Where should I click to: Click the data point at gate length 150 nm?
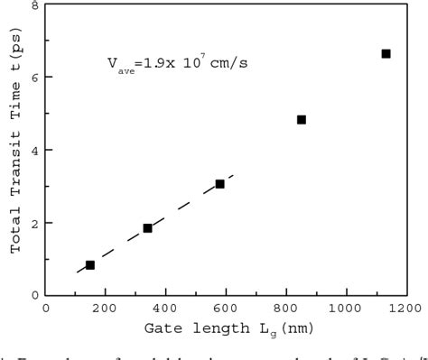[90, 265]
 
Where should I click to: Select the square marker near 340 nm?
[147, 228]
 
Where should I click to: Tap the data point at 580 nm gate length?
[219, 184]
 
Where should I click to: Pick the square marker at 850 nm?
[302, 120]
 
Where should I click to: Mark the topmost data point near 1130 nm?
[386, 54]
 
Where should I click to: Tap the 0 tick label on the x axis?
[46, 307]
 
